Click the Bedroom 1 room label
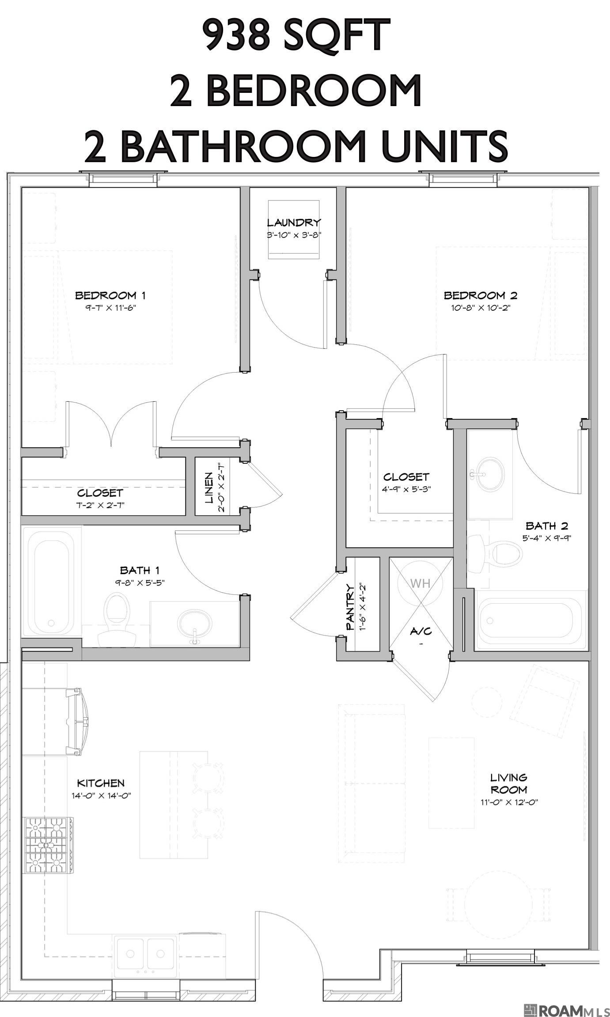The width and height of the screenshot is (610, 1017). coord(110,295)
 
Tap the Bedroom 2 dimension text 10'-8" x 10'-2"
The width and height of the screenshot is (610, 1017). coord(481,308)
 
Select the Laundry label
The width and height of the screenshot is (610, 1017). coord(294,222)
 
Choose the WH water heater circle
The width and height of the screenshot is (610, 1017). coord(420,583)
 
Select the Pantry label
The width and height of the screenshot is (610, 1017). coord(350,606)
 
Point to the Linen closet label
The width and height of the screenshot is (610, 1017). coord(209,488)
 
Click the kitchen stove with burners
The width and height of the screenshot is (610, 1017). coord(48,846)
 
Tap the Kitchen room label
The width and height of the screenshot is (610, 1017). coord(101,783)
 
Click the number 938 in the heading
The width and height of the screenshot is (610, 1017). coord(237,35)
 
